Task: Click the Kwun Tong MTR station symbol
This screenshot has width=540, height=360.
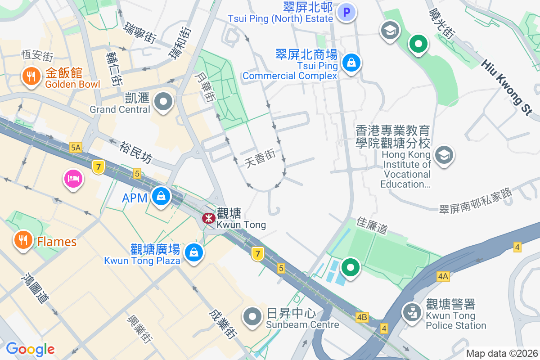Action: click(x=208, y=219)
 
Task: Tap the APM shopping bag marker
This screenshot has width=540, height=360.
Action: click(x=160, y=196)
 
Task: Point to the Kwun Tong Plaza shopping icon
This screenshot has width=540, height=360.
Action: click(x=194, y=252)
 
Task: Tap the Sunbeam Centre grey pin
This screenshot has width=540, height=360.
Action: click(x=252, y=317)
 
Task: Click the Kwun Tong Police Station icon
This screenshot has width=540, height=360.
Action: click(x=411, y=312)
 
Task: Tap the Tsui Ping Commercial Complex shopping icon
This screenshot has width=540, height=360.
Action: click(x=351, y=63)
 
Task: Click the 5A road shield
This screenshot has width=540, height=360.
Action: click(x=76, y=147)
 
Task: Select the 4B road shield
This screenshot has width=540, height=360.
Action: click(x=362, y=317)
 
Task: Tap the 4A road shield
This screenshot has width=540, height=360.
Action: click(x=443, y=276)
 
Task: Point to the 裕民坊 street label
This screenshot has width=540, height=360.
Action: click(x=136, y=153)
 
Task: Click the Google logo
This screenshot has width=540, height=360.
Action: click(x=30, y=349)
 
